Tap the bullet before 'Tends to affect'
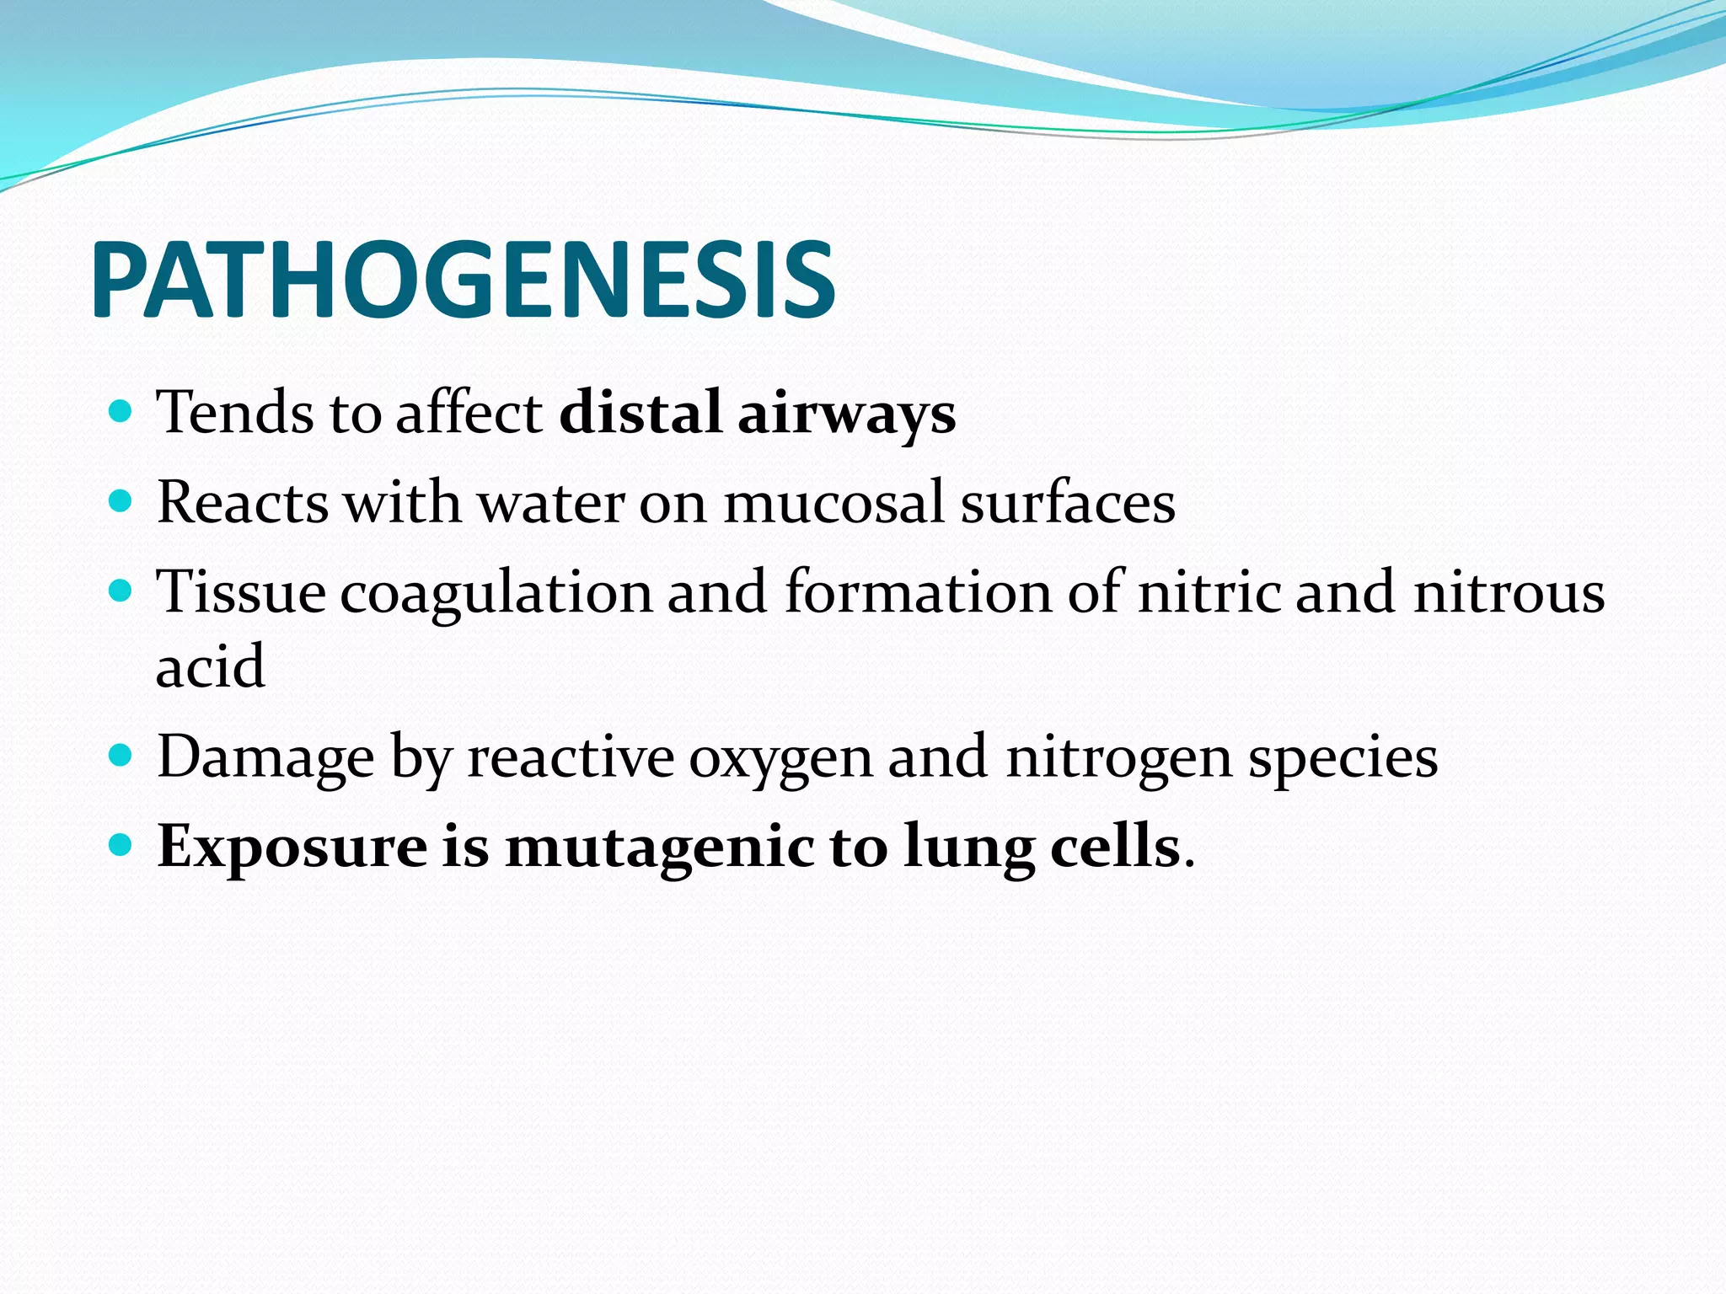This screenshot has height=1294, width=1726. [x=121, y=412]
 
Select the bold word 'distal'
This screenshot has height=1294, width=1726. [x=641, y=413]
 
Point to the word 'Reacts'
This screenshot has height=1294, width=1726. [x=243, y=503]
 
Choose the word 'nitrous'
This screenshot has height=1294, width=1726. [x=1509, y=592]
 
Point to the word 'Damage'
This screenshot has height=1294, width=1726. [x=265, y=758]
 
